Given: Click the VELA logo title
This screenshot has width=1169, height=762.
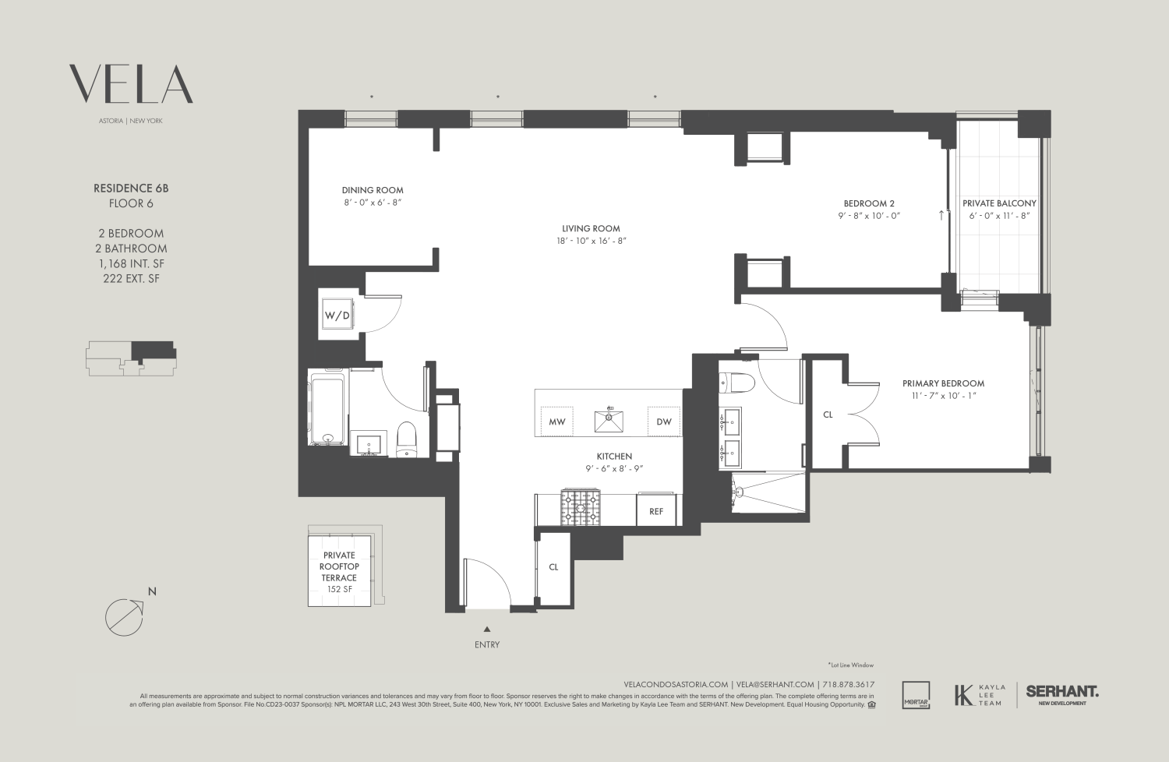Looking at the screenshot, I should [x=131, y=85].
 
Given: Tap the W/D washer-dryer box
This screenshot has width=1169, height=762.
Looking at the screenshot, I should [x=337, y=316].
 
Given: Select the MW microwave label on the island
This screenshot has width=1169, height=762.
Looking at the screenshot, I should [x=556, y=422].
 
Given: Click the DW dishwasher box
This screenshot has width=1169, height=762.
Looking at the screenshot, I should [x=663, y=422].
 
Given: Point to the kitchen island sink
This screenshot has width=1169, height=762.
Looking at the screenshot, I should [x=609, y=420].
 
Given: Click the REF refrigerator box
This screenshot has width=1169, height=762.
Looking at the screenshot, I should [x=656, y=511].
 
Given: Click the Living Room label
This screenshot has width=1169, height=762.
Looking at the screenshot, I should [x=591, y=228].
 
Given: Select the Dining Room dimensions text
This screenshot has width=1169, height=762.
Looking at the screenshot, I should [x=373, y=203].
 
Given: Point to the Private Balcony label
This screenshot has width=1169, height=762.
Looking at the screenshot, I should [x=999, y=203].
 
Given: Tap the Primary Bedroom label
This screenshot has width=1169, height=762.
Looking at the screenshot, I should [x=943, y=383].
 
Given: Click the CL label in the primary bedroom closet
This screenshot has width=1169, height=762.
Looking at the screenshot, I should [x=828, y=415].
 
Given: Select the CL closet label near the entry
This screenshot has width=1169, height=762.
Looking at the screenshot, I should [x=553, y=567].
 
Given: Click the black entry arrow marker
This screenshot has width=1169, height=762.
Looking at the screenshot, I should [x=487, y=629].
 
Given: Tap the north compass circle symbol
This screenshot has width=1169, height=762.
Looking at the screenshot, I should [x=125, y=616].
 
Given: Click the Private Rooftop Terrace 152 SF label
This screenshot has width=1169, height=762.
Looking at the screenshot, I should [x=340, y=572].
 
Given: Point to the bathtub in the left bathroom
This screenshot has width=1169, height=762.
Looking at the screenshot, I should [x=327, y=410].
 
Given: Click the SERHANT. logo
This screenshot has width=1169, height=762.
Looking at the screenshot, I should [x=1062, y=692].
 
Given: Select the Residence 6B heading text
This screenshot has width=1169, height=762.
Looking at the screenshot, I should [x=131, y=189].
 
